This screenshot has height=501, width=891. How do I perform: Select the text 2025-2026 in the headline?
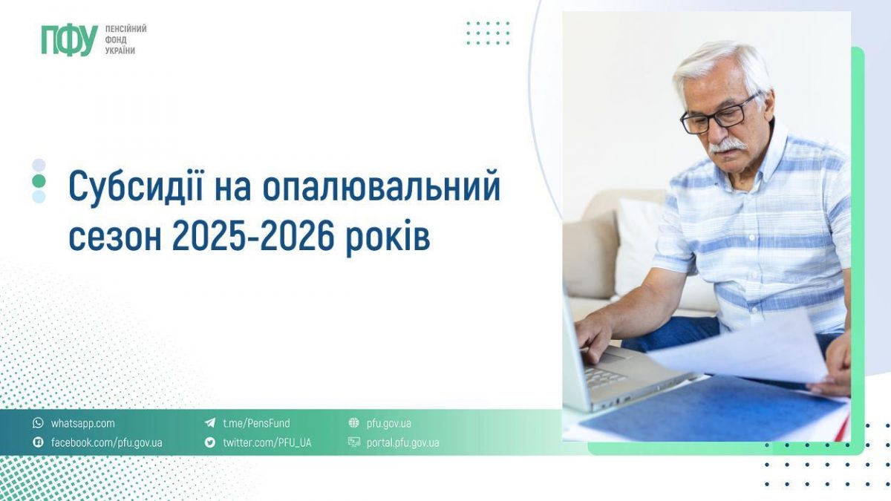click(x=254, y=238)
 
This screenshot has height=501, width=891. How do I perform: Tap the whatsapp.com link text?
click(x=82, y=424)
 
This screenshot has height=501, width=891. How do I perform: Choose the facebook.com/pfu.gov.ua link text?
click(x=106, y=442)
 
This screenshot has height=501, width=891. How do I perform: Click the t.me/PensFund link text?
click(x=256, y=424)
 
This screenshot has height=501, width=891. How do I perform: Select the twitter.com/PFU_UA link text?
click(x=267, y=442)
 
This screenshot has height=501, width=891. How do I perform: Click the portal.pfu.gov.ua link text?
click(x=402, y=442)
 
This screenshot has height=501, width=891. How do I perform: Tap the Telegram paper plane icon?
click(x=210, y=424)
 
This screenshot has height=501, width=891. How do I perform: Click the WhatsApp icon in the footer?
click(x=38, y=424)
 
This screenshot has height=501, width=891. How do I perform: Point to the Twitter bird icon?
click(x=210, y=442)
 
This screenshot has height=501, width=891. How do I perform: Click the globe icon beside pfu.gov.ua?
click(x=354, y=424)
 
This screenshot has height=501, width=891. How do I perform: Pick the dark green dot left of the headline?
click(x=39, y=181)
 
